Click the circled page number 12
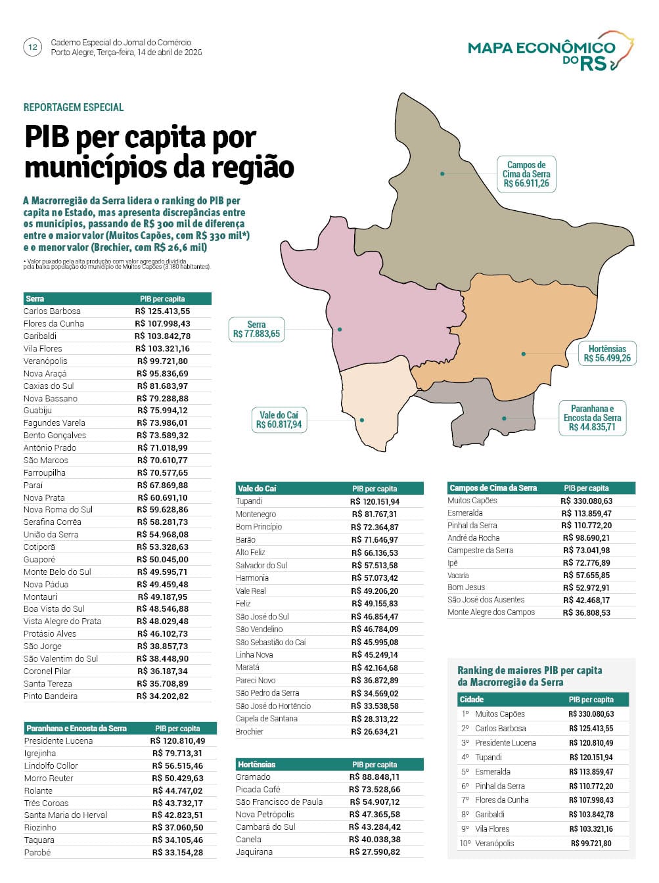pyautogui.click(x=32, y=47)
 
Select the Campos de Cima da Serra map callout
pyautogui.click(x=526, y=174)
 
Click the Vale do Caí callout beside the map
pyautogui.click(x=279, y=420)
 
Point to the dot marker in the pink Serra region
pyautogui.click(x=340, y=329)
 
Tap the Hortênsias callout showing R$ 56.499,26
pyautogui.click(x=607, y=353)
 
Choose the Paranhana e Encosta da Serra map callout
pyautogui.click(x=592, y=418)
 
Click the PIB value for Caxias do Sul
pyautogui.click(x=162, y=386)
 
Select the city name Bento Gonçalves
pyautogui.click(x=55, y=436)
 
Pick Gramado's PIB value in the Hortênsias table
pyautogui.click(x=375, y=777)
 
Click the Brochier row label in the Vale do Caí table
pyautogui.click(x=250, y=732)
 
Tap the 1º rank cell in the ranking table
pyautogui.click(x=465, y=714)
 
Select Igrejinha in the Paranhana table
pyautogui.click(x=40, y=754)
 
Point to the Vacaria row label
pyautogui.click(x=458, y=576)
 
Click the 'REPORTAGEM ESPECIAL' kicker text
pyautogui.click(x=74, y=107)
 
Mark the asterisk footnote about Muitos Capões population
pyautogui.click(x=117, y=264)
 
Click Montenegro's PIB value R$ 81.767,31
pyautogui.click(x=375, y=514)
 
